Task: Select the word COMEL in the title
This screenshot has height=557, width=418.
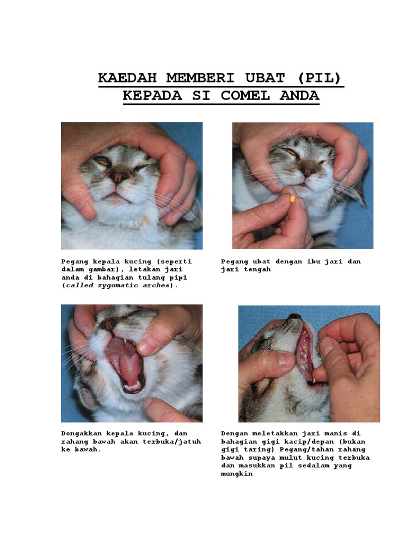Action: pos(245,96)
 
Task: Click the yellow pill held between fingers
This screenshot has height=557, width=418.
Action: pos(292,198)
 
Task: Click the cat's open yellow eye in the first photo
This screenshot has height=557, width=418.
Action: pos(103,162)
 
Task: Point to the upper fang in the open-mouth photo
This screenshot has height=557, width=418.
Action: pos(126,342)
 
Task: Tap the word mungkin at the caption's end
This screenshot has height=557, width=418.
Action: pos(237,474)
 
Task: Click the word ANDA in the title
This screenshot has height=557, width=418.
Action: pos(299,96)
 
